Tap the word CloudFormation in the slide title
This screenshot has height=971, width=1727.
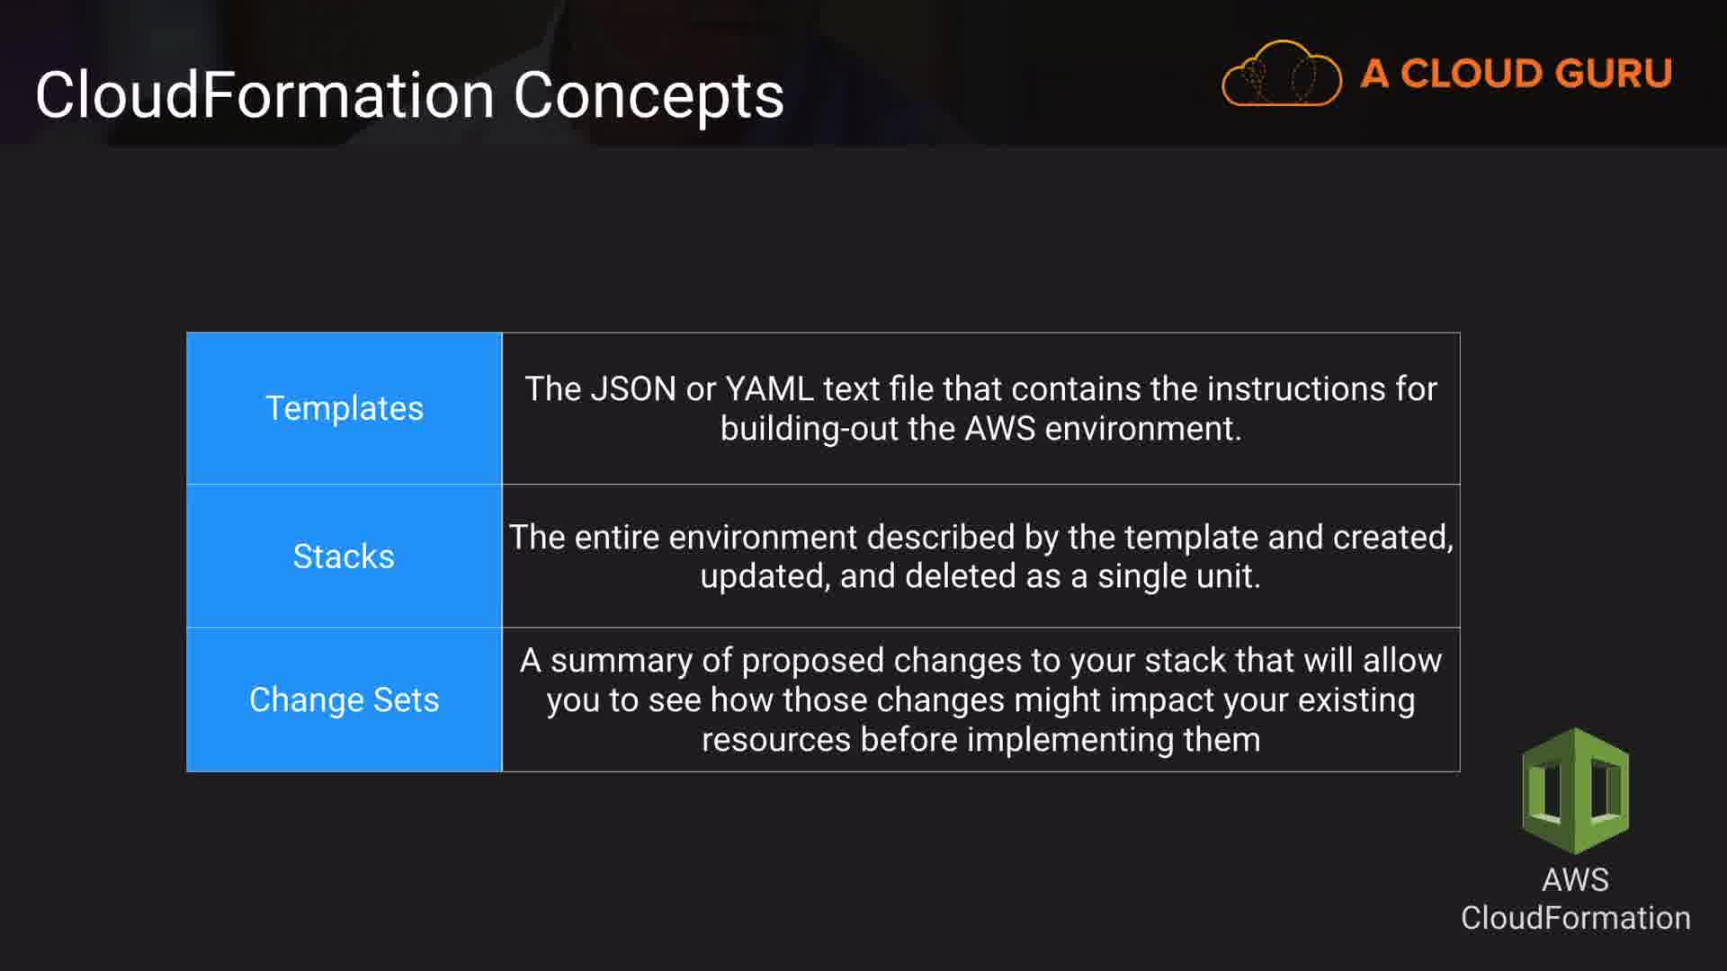tap(265, 94)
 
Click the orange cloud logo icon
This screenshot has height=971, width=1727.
tap(1282, 74)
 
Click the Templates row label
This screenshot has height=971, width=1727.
tap(344, 408)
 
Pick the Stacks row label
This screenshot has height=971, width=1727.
tap(344, 557)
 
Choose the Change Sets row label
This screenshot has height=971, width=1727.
tap(344, 699)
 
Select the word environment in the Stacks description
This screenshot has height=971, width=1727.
tap(763, 537)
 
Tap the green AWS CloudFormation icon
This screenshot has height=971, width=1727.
tap(1575, 790)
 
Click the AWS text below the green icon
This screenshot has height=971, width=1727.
tap(1575, 879)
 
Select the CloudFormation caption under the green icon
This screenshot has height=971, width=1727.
tap(1575, 918)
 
